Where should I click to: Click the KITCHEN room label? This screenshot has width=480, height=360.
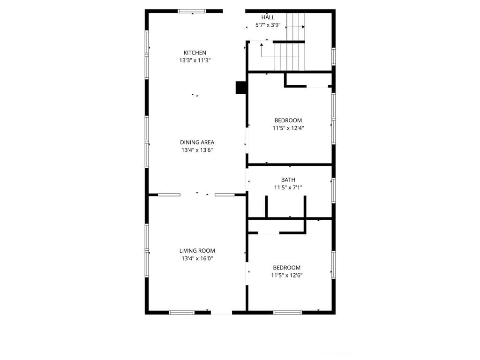(195, 52)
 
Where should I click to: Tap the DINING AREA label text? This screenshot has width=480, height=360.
(197, 142)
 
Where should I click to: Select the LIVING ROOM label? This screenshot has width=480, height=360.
(197, 251)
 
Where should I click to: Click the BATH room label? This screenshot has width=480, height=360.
(288, 180)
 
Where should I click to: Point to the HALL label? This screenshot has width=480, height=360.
(268, 17)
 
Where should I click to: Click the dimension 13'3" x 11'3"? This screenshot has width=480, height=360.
(195, 60)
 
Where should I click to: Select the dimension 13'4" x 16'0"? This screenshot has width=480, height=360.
(197, 258)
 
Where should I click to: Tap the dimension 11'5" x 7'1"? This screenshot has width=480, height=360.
(288, 187)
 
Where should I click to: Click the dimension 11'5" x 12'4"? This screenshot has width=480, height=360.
(288, 128)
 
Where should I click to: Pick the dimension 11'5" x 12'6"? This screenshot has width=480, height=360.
(287, 275)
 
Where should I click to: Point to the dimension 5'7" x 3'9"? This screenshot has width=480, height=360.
(268, 25)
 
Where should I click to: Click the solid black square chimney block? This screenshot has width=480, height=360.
(240, 87)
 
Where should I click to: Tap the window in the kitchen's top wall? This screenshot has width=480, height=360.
(192, 11)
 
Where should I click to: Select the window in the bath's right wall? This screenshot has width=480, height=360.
(334, 190)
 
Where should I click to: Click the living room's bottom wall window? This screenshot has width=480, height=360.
(181, 313)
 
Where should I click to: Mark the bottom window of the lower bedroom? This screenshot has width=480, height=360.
(287, 313)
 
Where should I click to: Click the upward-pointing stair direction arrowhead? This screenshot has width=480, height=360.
(262, 45)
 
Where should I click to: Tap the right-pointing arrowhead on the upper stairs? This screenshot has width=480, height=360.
(303, 27)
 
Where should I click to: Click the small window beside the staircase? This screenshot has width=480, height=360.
(334, 57)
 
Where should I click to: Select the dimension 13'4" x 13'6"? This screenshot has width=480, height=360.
(197, 150)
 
